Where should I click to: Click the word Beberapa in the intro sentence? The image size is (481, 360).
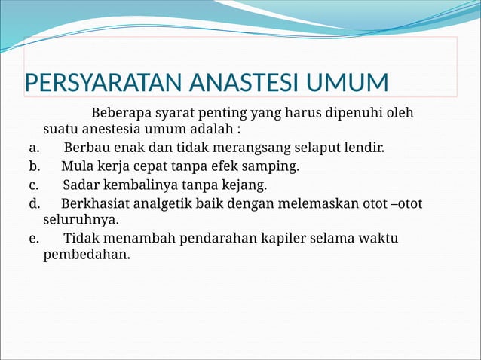coord(121,114)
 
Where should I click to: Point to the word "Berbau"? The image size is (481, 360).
coord(86,147)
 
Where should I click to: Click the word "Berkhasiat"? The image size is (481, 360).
coord(95,203)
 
